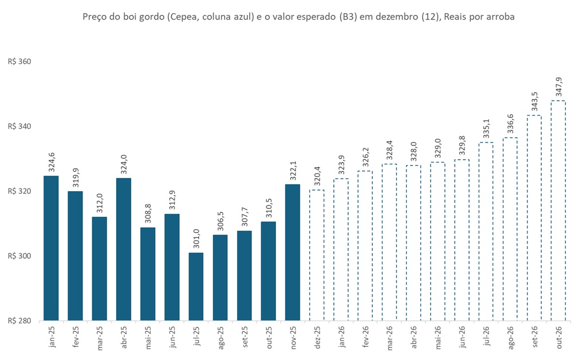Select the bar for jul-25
point(196,286)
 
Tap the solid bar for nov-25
point(292,252)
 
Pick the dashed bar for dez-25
point(317,255)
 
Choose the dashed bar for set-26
point(534,217)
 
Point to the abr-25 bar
point(124,249)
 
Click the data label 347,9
point(558,88)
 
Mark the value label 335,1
point(486,129)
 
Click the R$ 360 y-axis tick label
point(19,61)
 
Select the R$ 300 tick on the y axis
point(19,256)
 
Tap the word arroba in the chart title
point(501,17)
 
